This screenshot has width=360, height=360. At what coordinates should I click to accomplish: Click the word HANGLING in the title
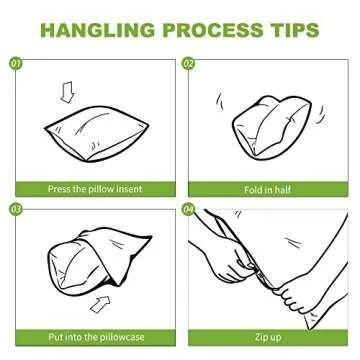[x=98, y=30]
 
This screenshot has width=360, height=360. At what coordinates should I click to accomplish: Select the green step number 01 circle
[x=16, y=63]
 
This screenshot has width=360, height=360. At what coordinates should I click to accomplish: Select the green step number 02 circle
[x=189, y=63]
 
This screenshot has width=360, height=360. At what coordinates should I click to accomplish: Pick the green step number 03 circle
[x=16, y=210]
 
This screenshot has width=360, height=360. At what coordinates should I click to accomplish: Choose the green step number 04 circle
[x=189, y=210]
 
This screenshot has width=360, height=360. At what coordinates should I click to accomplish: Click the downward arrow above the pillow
[x=68, y=93]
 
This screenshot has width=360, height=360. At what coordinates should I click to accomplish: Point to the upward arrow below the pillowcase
[x=100, y=304]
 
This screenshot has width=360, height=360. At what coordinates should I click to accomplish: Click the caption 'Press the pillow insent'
[x=95, y=189]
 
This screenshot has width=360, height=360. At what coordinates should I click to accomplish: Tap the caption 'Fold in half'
[x=267, y=190]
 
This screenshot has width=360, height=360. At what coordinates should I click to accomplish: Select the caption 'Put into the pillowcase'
[x=96, y=337]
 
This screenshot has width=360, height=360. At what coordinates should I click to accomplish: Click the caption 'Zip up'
[x=268, y=337]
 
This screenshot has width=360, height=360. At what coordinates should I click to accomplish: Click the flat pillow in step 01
[x=97, y=134]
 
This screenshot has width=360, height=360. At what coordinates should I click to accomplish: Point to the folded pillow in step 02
[x=272, y=127]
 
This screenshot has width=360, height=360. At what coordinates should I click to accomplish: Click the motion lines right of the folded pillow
[x=320, y=115]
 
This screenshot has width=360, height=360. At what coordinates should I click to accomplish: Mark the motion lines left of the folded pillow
[x=219, y=101]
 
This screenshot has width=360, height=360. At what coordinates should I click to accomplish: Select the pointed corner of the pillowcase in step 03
[x=152, y=237]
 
